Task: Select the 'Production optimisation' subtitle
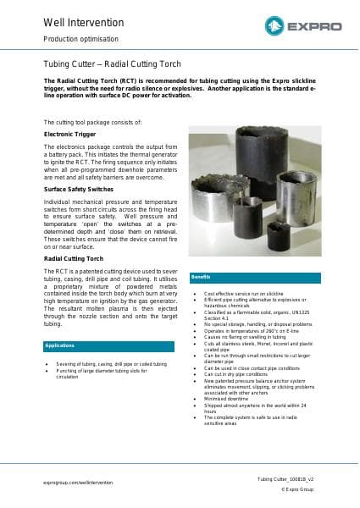tap(80, 39)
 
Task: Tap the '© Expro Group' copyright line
tap(296, 489)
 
